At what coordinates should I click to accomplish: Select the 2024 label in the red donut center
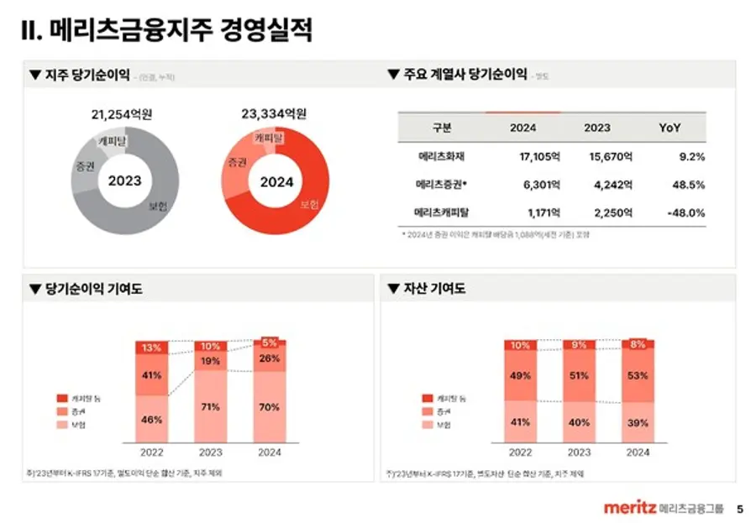(x=276, y=181)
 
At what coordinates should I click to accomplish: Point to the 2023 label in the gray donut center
(x=125, y=180)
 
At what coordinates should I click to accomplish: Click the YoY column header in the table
(x=669, y=128)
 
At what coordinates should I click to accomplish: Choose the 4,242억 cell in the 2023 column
(x=610, y=185)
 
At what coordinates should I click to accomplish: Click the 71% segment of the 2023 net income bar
(x=211, y=406)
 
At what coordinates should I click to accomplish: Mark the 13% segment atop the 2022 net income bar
(x=152, y=347)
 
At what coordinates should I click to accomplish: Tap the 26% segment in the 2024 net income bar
(x=270, y=358)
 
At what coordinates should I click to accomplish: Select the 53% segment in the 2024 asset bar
(x=638, y=375)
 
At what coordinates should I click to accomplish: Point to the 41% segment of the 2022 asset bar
(x=521, y=422)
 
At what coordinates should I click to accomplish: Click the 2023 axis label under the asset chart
(x=579, y=452)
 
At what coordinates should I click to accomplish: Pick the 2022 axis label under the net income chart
(x=152, y=452)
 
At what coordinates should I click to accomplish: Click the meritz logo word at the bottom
(x=629, y=508)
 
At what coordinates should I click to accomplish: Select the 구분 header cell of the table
(x=442, y=128)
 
